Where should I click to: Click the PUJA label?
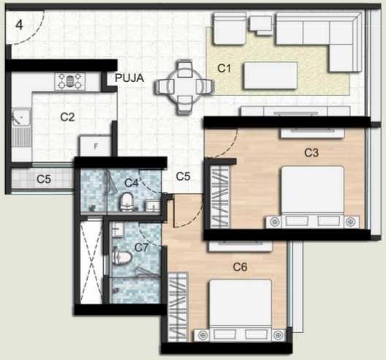(129, 78)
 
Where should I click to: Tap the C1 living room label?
(224, 68)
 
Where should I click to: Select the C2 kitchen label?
(67, 117)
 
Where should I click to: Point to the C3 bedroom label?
(311, 153)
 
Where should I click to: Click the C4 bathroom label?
(132, 183)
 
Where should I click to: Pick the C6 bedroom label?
(240, 266)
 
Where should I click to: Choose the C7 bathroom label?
(142, 247)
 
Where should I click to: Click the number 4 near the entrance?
(20, 25)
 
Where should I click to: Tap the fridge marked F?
(95, 146)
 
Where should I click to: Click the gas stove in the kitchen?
(70, 81)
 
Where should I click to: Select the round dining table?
(185, 87)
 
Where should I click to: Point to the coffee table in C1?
(270, 75)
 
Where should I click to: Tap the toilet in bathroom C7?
(122, 258)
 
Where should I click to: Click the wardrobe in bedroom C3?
(220, 197)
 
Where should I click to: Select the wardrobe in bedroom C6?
(178, 307)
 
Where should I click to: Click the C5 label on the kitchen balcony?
(44, 179)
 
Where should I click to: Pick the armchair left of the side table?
(230, 29)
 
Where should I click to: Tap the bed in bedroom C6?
(241, 310)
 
